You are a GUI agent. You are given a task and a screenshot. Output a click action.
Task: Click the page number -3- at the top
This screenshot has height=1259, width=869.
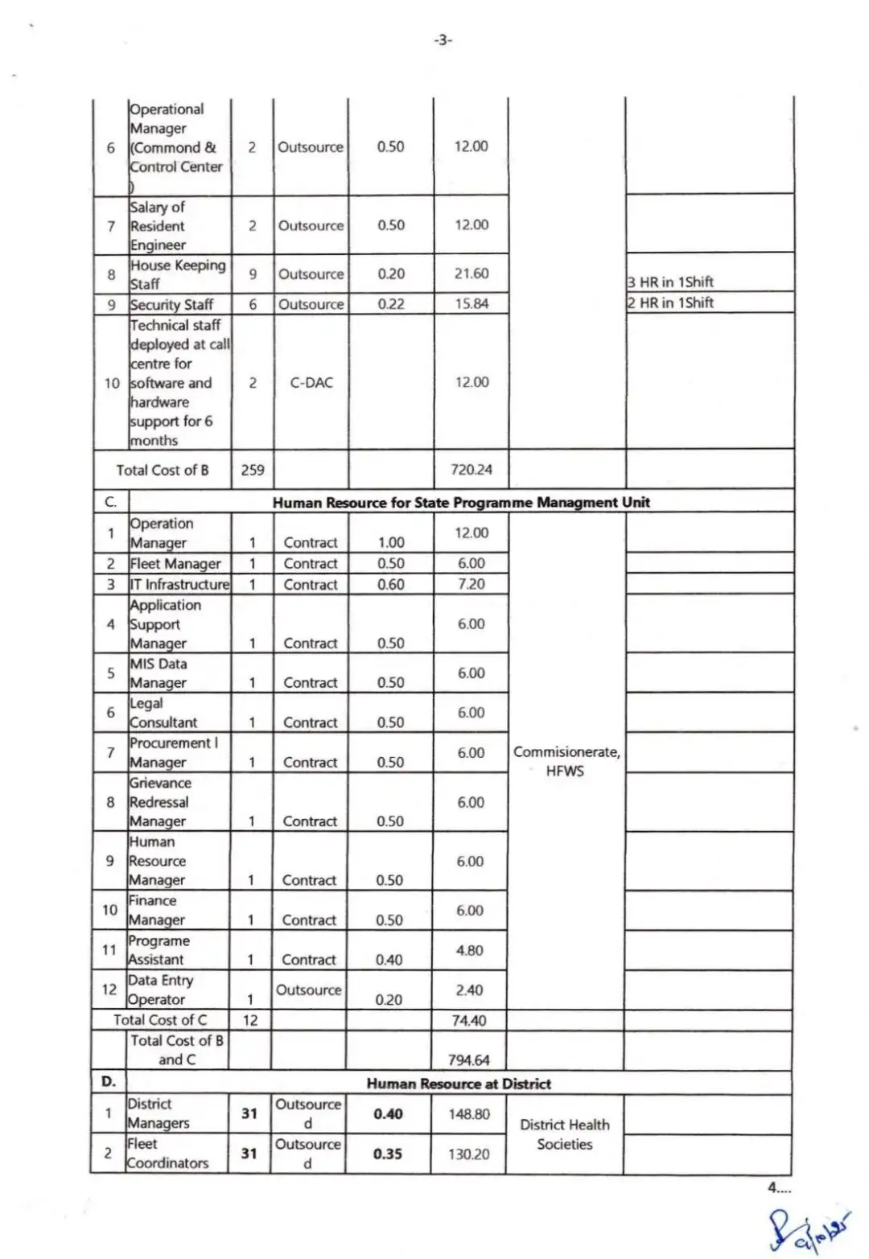pyautogui.click(x=443, y=39)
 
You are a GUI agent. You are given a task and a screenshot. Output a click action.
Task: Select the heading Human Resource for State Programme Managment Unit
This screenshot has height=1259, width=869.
pyautogui.click(x=461, y=502)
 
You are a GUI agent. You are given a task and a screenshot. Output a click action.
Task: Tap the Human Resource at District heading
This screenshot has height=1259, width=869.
pyautogui.click(x=459, y=1084)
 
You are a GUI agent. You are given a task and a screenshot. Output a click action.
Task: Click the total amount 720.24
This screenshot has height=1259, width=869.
pyautogui.click(x=472, y=470)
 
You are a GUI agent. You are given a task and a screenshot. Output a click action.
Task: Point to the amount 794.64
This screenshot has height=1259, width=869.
pyautogui.click(x=468, y=1060)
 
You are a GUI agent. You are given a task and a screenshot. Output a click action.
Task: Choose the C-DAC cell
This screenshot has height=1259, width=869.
pyautogui.click(x=311, y=383)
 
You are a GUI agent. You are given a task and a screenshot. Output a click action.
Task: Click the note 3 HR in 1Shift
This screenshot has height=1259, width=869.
pyautogui.click(x=670, y=282)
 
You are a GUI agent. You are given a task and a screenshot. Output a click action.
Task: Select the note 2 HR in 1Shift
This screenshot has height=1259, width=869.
pyautogui.click(x=670, y=302)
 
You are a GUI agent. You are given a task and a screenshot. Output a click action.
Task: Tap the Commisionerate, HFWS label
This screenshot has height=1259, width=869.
pyautogui.click(x=566, y=761)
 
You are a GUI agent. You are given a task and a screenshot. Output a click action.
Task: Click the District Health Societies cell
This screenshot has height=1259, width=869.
pyautogui.click(x=565, y=1134)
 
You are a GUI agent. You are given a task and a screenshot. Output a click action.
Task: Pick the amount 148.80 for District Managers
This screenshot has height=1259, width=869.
pyautogui.click(x=469, y=1114)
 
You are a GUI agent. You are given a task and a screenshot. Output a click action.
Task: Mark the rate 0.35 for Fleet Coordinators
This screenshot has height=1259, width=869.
pyautogui.click(x=388, y=1154)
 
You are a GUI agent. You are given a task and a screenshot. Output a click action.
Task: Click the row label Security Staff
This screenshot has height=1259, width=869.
pyautogui.click(x=171, y=305)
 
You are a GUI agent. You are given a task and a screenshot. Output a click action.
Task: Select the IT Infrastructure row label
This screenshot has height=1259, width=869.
pyautogui.click(x=179, y=585)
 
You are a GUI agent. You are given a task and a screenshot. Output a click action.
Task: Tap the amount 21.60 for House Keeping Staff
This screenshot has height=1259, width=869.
pyautogui.click(x=472, y=274)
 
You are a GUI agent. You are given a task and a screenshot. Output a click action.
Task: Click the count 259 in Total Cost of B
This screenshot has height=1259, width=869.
pyautogui.click(x=253, y=470)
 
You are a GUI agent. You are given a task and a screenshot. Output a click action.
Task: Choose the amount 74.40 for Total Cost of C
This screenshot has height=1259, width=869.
pyautogui.click(x=469, y=1021)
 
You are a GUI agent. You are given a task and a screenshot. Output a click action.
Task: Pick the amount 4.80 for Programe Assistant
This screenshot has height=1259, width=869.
pyautogui.click(x=470, y=950)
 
